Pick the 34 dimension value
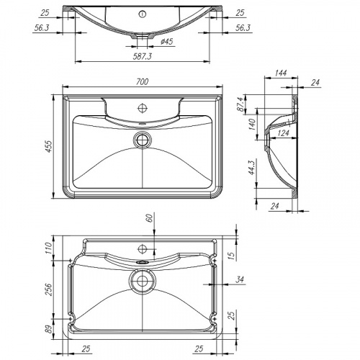[x=239, y=279]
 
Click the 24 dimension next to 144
[x=314, y=81]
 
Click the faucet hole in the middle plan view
[x=145, y=108]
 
